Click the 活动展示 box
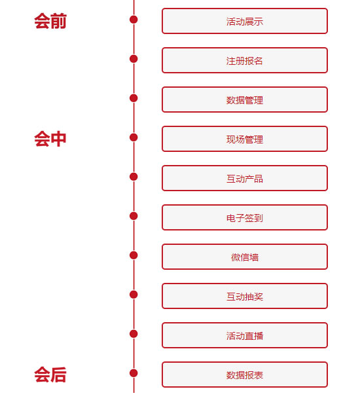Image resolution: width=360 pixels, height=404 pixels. (x=245, y=21)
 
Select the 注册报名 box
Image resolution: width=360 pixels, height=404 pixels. (x=245, y=60)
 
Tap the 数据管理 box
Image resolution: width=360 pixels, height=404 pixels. (x=245, y=100)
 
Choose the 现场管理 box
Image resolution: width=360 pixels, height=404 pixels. (x=245, y=139)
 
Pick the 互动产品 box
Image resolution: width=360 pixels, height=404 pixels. (x=245, y=178)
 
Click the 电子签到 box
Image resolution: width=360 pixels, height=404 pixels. (x=245, y=217)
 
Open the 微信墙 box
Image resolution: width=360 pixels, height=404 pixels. (x=245, y=257)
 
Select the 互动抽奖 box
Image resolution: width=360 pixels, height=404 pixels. (x=245, y=296)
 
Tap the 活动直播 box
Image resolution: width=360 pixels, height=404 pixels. (x=245, y=335)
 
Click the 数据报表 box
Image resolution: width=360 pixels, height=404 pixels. (x=245, y=375)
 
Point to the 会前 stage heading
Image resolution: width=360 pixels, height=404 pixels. (x=50, y=21)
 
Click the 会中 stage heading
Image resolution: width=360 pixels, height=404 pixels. (x=50, y=139)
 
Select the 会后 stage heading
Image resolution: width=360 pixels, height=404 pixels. (x=50, y=375)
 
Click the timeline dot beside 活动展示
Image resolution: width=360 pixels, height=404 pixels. (x=134, y=20)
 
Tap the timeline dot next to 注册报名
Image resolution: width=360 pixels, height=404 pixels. (x=134, y=59)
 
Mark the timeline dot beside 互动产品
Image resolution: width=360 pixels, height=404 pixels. (x=134, y=177)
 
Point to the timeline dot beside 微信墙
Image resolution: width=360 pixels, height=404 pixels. (x=134, y=255)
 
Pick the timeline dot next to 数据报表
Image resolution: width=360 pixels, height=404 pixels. (x=134, y=373)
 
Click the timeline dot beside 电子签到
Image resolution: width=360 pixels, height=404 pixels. (x=134, y=216)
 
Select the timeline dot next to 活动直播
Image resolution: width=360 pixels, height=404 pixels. (x=134, y=334)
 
